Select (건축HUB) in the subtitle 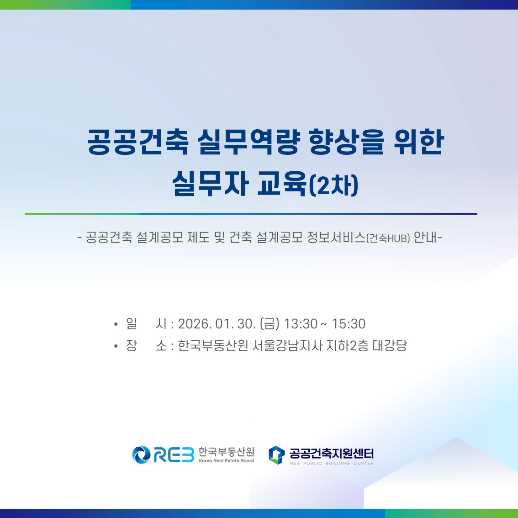[388, 238]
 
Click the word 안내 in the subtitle [425, 237]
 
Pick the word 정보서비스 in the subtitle [336, 237]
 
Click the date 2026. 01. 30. [217, 324]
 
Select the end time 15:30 [349, 324]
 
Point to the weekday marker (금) [270, 324]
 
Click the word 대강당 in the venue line [390, 345]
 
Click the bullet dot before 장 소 [116, 346]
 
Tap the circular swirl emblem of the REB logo [142, 455]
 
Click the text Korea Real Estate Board [226, 461]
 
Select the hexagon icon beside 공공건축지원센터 [276, 455]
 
